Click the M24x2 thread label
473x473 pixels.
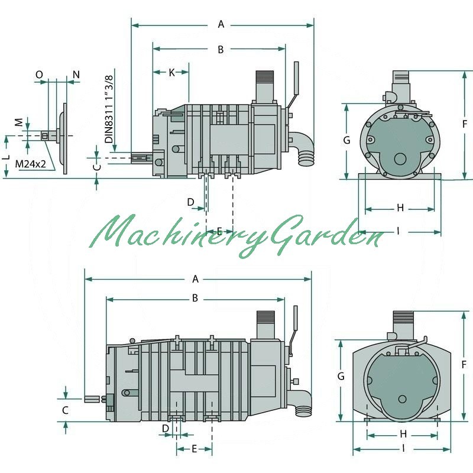click(x=31, y=164)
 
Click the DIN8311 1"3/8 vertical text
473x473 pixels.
click(x=109, y=109)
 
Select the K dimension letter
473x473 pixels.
click(x=171, y=72)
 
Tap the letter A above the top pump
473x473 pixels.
click(x=221, y=24)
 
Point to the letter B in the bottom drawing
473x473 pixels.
click(x=195, y=298)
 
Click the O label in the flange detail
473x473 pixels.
click(x=39, y=74)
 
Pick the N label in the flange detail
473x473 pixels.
click(x=76, y=74)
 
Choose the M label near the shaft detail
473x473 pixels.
click(x=19, y=122)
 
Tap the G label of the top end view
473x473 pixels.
click(x=347, y=140)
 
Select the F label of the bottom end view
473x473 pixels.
click(x=464, y=365)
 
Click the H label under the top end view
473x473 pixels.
click(x=400, y=208)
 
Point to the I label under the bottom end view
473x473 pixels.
click(x=403, y=449)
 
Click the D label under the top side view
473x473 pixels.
click(x=190, y=202)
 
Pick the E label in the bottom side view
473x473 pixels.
click(x=195, y=449)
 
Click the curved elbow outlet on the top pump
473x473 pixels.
click(x=303, y=150)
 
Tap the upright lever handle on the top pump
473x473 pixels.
click(x=296, y=79)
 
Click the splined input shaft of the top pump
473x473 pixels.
click(x=142, y=158)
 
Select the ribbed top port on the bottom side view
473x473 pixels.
click(x=265, y=320)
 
